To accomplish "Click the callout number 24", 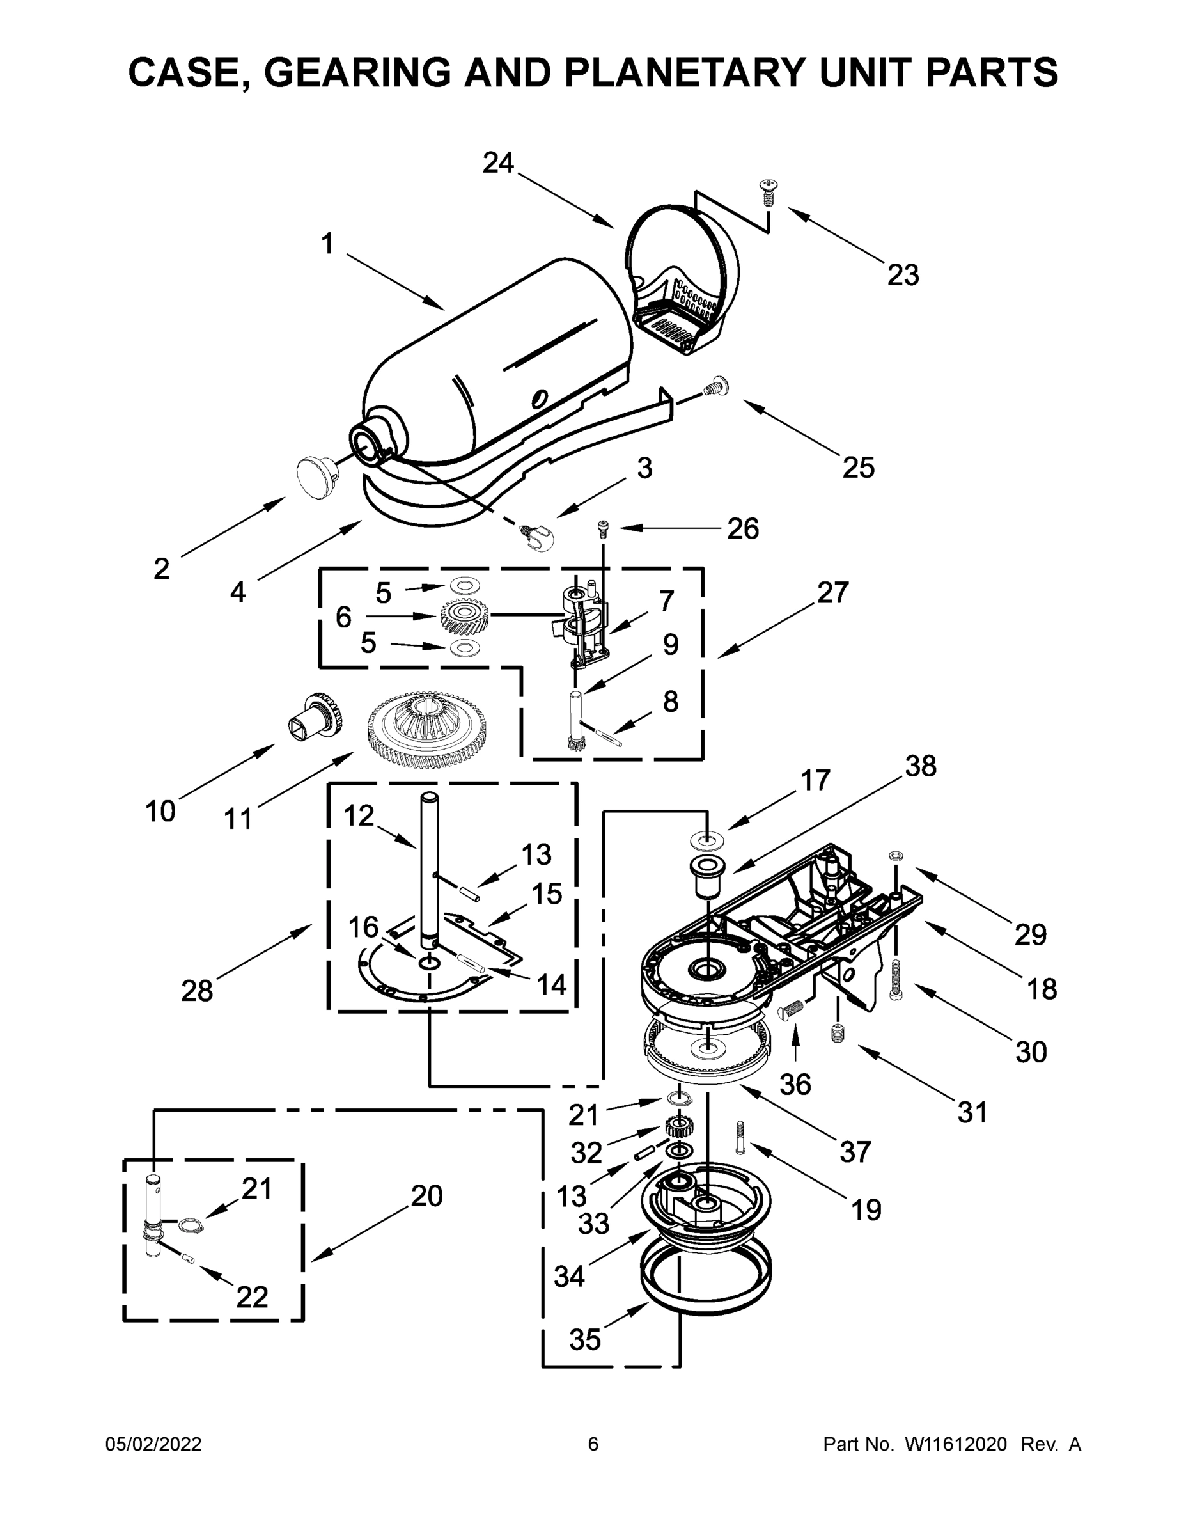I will click(498, 163).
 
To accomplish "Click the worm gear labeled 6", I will click(464, 617).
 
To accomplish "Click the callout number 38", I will click(921, 766).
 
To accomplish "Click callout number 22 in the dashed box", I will click(251, 1296).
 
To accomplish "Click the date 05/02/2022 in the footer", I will click(153, 1444).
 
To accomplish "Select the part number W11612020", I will click(956, 1444).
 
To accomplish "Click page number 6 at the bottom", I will click(593, 1444).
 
